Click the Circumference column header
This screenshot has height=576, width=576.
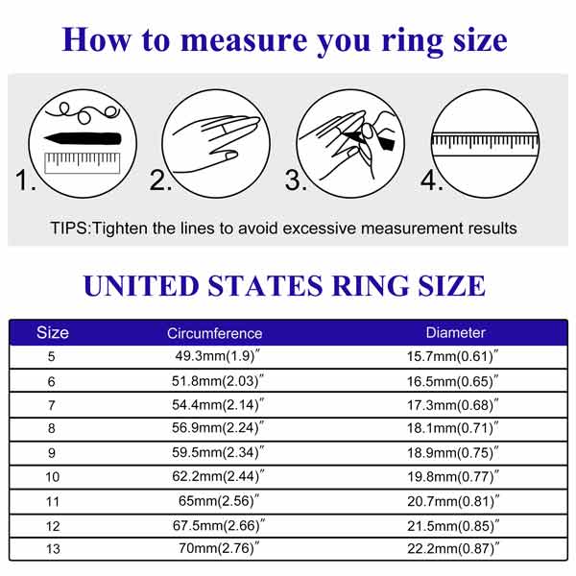pyautogui.click(x=214, y=333)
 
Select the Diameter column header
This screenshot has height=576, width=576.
pyautogui.click(x=455, y=332)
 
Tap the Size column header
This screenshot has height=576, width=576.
pyautogui.click(x=53, y=332)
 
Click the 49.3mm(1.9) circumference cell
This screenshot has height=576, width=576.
pyautogui.click(x=218, y=356)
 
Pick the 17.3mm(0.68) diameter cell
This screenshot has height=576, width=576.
pyautogui.click(x=453, y=405)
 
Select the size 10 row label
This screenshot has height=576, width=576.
pyautogui.click(x=52, y=477)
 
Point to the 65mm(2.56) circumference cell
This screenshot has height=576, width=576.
pyautogui.click(x=219, y=501)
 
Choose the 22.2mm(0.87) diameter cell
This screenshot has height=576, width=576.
pyautogui.click(x=453, y=548)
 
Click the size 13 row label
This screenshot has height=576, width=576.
pyautogui.click(x=53, y=549)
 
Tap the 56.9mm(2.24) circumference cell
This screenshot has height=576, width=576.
pyautogui.click(x=218, y=427)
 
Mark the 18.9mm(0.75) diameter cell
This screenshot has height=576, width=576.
pyautogui.click(x=453, y=452)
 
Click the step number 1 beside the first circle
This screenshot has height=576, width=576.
pyautogui.click(x=25, y=180)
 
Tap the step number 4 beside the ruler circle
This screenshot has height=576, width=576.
pyautogui.click(x=431, y=180)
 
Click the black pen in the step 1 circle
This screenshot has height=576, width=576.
pyautogui.click(x=83, y=138)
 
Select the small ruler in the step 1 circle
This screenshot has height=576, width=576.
pyautogui.click(x=83, y=162)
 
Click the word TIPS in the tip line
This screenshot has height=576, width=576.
pyautogui.click(x=69, y=228)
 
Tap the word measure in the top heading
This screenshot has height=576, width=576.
pyautogui.click(x=244, y=40)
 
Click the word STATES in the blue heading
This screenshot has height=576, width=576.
pyautogui.click(x=265, y=286)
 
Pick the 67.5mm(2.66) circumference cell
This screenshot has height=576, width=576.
pyautogui.click(x=219, y=525)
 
